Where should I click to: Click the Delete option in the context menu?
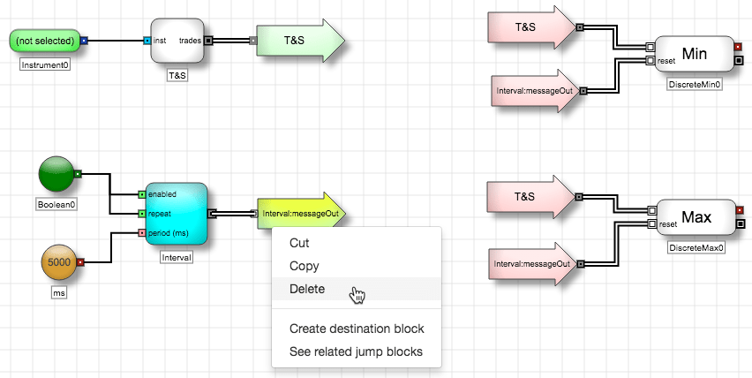point(307,289)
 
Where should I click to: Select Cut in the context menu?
point(299,243)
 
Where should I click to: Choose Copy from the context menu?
point(304,266)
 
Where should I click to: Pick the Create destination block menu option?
point(357,329)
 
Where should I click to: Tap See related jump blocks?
point(356,352)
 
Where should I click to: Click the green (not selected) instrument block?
point(45,41)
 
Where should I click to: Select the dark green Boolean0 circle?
point(56,174)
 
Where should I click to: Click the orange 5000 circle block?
point(59,262)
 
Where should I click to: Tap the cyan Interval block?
point(177,214)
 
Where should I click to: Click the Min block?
point(694,54)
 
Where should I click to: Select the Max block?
point(696,217)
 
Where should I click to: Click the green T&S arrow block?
point(300,41)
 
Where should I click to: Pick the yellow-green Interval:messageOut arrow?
point(301,213)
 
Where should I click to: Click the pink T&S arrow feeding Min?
point(531,27)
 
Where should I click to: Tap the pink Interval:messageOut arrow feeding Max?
point(533,264)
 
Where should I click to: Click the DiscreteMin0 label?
point(695,85)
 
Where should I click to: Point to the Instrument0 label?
point(45,64)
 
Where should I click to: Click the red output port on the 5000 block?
point(80,262)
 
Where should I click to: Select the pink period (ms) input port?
point(141,233)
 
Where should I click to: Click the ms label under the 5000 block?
point(58,292)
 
